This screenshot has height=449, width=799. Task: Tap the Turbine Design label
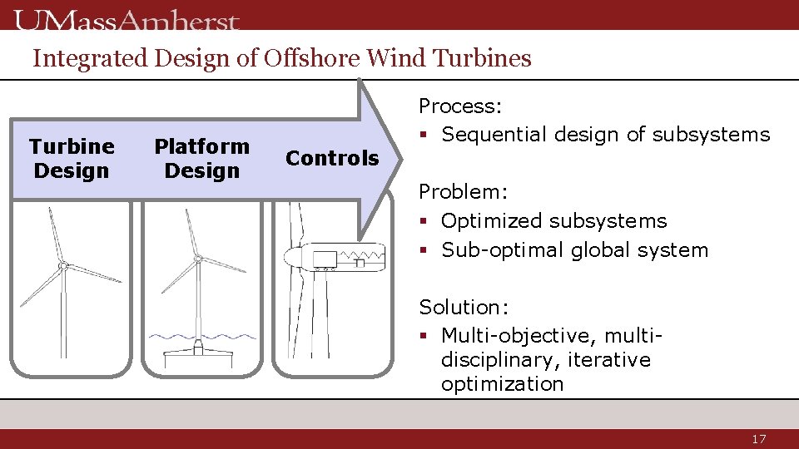pos(72,158)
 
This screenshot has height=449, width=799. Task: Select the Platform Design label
pos(201,158)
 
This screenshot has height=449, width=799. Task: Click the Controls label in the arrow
pos(332,158)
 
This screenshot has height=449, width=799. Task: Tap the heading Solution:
pos(462,308)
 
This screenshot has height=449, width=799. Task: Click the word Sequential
pos(493,135)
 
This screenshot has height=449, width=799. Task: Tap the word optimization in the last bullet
pos(502,384)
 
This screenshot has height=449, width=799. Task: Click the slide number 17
pos(758,439)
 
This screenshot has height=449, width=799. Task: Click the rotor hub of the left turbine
pos(62,266)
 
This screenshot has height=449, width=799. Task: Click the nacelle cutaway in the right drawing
pos(341,256)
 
